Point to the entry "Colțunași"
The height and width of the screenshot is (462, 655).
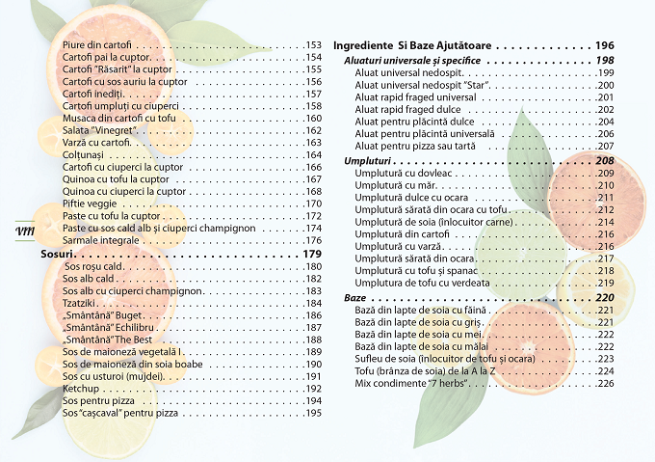tap(82, 154)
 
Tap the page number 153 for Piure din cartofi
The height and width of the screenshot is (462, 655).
tap(312, 44)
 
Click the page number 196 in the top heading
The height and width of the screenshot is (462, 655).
tap(604, 45)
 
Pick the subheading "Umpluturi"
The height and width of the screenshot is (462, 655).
tap(370, 160)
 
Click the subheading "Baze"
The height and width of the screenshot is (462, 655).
tap(354, 298)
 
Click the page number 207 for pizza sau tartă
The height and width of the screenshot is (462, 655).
tap(605, 145)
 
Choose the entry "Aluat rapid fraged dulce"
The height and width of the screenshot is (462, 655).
tap(408, 109)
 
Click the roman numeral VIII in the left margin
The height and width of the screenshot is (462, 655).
tap(26, 231)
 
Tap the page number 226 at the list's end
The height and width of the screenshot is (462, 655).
tap(605, 384)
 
